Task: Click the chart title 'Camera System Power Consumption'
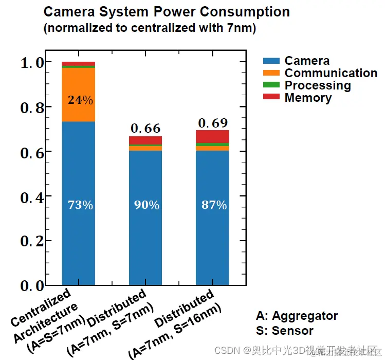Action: click(x=167, y=12)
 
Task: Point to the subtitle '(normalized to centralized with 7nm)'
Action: click(x=150, y=28)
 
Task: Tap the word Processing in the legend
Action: click(x=318, y=85)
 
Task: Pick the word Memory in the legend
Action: click(x=308, y=98)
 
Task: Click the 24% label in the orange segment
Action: click(x=80, y=100)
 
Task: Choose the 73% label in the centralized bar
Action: click(x=80, y=205)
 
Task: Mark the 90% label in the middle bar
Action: click(x=146, y=205)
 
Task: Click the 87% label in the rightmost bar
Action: click(x=214, y=205)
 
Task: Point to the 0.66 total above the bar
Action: click(x=145, y=128)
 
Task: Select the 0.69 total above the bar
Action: click(x=213, y=123)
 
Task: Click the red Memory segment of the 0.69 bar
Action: click(x=213, y=136)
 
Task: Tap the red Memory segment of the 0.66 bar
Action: click(x=145, y=140)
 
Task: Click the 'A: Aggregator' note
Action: click(x=297, y=316)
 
